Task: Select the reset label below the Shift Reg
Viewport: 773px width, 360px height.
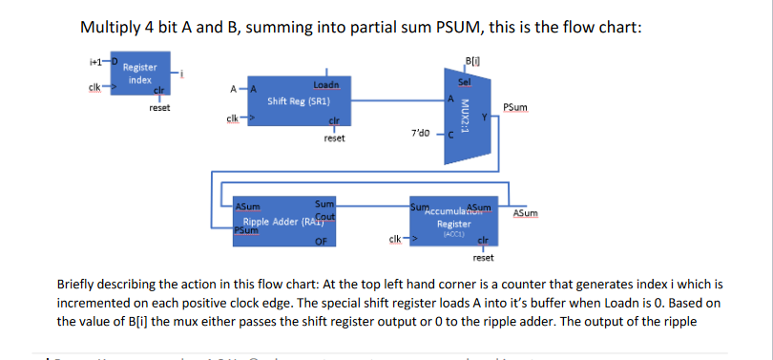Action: coord(334,138)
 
